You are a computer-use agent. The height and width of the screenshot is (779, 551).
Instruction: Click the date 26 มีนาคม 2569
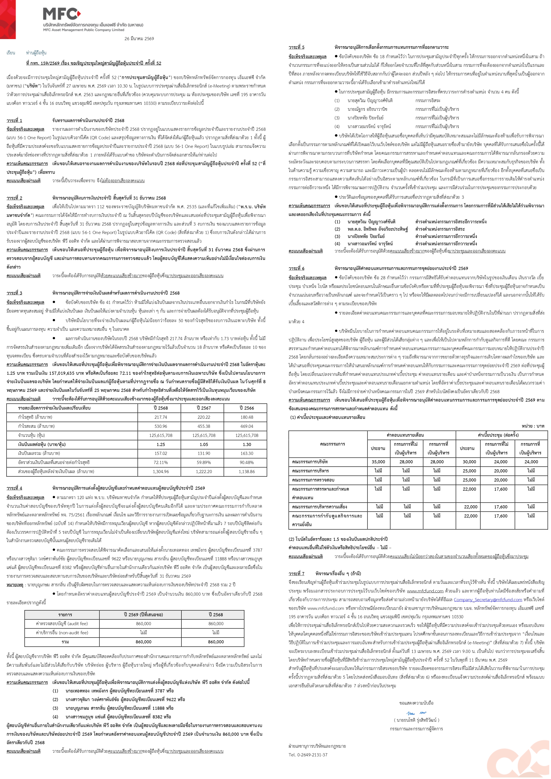(x=139, y=39)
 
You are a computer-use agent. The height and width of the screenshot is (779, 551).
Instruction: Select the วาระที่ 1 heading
(x=14, y=121)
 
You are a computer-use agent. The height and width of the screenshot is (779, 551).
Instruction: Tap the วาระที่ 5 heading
(x=296, y=47)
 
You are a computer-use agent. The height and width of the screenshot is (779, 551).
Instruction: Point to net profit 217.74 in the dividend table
(x=161, y=417)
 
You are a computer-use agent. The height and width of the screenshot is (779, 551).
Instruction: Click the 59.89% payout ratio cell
(x=204, y=462)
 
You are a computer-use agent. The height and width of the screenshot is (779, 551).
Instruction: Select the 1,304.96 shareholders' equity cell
(x=161, y=471)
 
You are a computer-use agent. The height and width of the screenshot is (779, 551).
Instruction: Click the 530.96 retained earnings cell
(x=161, y=426)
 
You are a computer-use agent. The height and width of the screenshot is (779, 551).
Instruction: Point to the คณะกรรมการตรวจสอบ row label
(x=313, y=480)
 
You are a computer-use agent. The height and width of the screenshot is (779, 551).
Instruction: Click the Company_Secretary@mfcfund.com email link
(x=488, y=600)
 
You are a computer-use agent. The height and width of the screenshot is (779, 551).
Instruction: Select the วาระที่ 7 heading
(x=296, y=573)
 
